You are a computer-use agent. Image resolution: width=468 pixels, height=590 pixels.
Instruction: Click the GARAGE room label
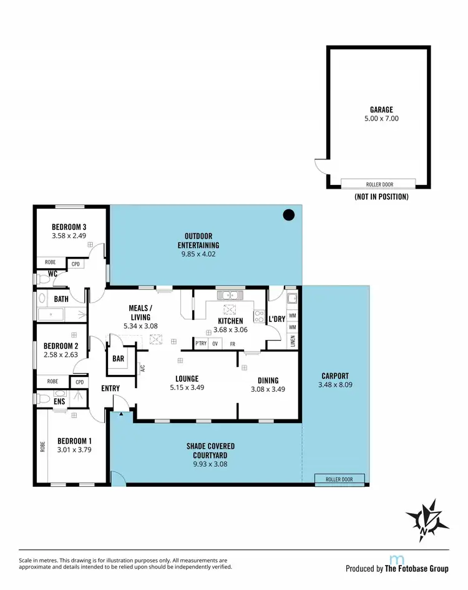(381, 110)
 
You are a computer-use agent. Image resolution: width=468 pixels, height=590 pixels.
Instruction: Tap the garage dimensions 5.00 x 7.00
(381, 118)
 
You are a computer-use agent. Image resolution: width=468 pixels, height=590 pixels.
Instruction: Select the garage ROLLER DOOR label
(378, 184)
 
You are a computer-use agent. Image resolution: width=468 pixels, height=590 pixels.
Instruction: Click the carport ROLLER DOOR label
(339, 479)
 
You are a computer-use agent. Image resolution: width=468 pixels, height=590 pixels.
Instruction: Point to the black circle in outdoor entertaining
(288, 215)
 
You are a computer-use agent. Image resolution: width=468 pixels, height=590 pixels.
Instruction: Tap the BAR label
(119, 359)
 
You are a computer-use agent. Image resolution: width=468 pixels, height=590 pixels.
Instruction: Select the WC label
(53, 274)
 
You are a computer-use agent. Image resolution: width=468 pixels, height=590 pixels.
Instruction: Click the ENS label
(59, 401)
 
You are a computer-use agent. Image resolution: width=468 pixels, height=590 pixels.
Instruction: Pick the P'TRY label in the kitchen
(201, 344)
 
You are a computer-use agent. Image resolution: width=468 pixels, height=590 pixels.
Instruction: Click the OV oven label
(215, 344)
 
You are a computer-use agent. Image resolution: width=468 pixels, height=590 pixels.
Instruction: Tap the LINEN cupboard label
(293, 342)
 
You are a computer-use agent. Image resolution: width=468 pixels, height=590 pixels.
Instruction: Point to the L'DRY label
(276, 319)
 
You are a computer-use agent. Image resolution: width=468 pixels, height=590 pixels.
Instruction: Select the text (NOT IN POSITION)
(381, 197)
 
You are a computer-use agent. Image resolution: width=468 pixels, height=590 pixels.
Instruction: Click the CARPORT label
(335, 376)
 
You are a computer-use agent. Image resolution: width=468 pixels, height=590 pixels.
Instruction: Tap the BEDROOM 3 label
(69, 227)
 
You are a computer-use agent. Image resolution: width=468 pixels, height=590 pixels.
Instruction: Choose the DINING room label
(268, 380)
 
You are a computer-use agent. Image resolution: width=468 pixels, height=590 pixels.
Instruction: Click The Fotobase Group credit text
(416, 569)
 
